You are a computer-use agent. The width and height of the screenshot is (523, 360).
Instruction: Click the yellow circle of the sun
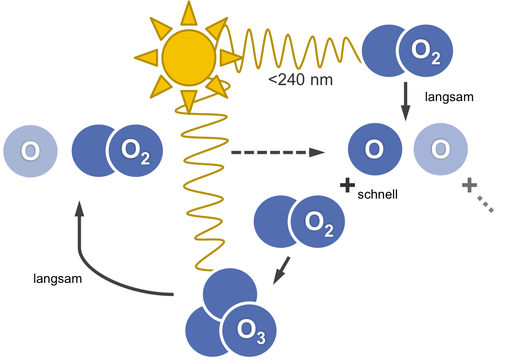pyautogui.click(x=189, y=57)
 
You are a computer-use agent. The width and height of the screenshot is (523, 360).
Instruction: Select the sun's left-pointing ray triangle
pyautogui.click(x=147, y=57)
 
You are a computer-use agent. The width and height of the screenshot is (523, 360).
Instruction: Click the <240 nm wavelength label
pyautogui.click(x=300, y=80)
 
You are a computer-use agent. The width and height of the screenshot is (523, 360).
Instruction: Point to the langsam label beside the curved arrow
pyautogui.click(x=57, y=278)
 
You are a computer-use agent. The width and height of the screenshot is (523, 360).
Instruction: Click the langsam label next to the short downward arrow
pyautogui.click(x=449, y=97)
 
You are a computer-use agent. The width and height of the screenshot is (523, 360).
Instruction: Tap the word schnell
pyautogui.click(x=378, y=194)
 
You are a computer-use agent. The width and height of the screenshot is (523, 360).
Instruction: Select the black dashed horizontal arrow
pyautogui.click(x=278, y=153)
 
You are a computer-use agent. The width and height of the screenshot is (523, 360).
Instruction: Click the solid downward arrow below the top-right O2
pyautogui.click(x=405, y=102)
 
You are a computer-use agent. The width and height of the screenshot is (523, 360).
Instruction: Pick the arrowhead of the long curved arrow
pyautogui.click(x=79, y=209)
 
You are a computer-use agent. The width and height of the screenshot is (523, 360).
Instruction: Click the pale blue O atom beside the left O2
pyautogui.click(x=30, y=151)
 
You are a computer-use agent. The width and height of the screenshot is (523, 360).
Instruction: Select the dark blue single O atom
pyautogui.click(x=375, y=149)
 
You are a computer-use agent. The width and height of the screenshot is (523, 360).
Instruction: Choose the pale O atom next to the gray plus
pyautogui.click(x=440, y=149)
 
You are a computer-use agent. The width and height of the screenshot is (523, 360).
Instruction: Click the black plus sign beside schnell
pyautogui.click(x=347, y=185)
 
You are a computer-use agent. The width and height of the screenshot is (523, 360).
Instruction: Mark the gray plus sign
pyautogui.click(x=469, y=185)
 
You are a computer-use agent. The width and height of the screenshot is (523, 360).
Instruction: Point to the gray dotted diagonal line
pyautogui.click(x=485, y=204)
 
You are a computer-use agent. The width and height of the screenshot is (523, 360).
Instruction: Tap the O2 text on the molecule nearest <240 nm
pyautogui.click(x=425, y=52)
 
